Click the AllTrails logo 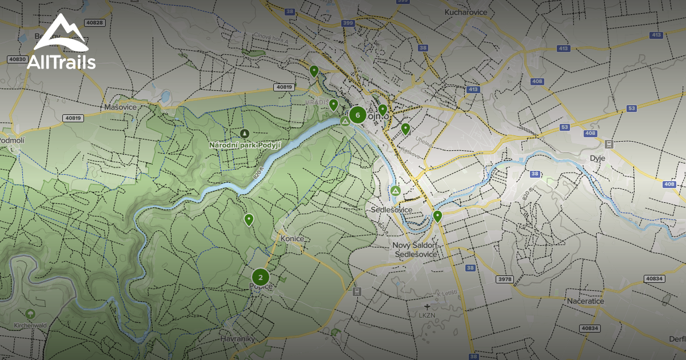click(x=61, y=42)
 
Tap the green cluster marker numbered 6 click(x=358, y=115)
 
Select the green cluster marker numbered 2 click(x=261, y=278)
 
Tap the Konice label click(x=292, y=238)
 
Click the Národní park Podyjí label click(x=245, y=145)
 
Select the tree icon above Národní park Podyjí click(x=245, y=134)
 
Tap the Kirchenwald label click(x=30, y=325)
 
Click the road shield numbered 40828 click(x=94, y=23)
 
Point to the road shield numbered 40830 click(x=18, y=59)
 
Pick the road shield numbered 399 click(x=348, y=23)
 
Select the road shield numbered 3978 click(x=505, y=279)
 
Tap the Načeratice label click(x=586, y=301)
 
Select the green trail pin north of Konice click(x=249, y=219)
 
